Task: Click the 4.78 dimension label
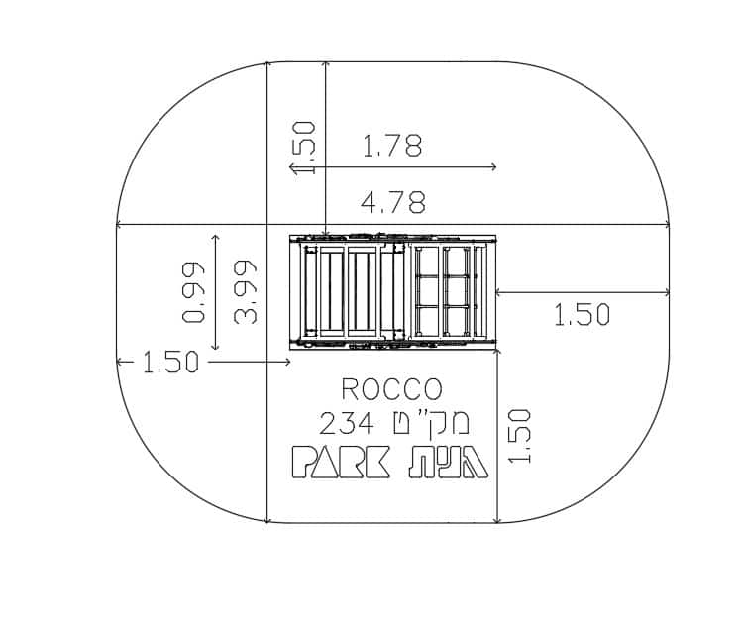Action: [x=393, y=203]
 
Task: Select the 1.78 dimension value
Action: [x=392, y=146]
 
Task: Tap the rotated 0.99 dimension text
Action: [x=194, y=292]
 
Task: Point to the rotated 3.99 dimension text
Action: [x=246, y=292]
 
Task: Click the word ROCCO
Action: [x=392, y=389]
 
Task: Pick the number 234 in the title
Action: [x=347, y=423]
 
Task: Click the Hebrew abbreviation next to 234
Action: [x=431, y=422]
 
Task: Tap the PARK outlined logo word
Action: [x=341, y=462]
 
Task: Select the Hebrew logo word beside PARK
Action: [x=449, y=462]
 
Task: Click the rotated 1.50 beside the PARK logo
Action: [x=519, y=436]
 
